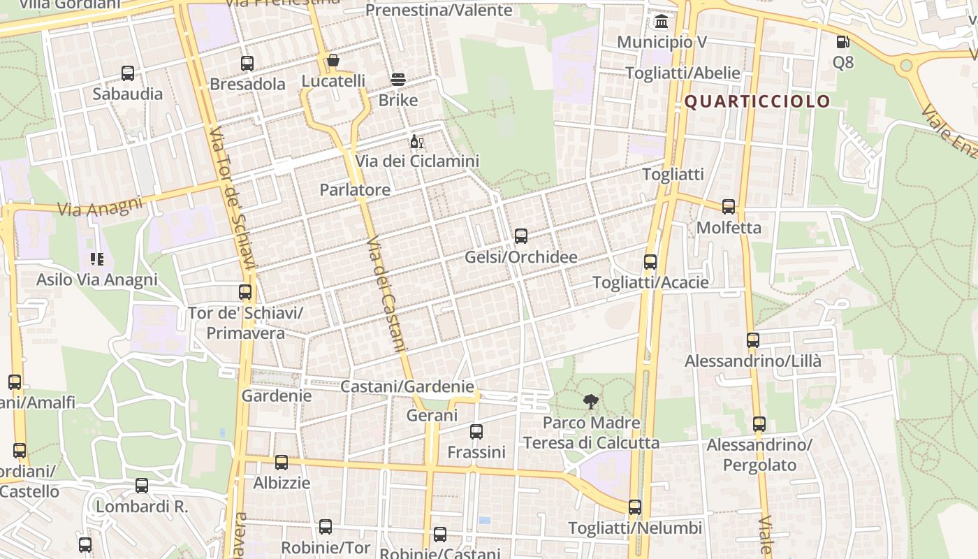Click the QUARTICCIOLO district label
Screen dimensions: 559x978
tap(757, 101)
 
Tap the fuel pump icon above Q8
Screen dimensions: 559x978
tap(843, 42)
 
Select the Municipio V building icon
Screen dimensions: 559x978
tap(661, 22)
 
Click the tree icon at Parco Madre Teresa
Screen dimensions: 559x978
tap(591, 402)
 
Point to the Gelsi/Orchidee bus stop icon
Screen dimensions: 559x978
tap(521, 236)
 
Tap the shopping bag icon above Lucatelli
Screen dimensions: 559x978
tap(333, 61)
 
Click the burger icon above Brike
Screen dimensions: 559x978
tap(398, 80)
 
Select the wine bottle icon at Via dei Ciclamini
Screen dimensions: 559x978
tap(416, 142)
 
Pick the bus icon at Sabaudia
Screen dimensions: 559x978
tap(128, 73)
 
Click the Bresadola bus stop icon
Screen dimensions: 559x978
tap(247, 64)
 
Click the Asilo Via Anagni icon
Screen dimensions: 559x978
tap(97, 260)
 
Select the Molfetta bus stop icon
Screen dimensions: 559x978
tap(729, 207)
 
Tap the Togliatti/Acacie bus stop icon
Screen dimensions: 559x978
tap(650, 262)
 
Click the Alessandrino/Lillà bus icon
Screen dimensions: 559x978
tap(753, 340)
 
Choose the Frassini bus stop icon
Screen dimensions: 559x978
tap(476, 432)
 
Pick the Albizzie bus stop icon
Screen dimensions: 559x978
tap(282, 462)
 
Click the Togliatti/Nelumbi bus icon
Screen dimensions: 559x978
tap(635, 507)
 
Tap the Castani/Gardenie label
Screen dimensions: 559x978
tap(407, 386)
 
